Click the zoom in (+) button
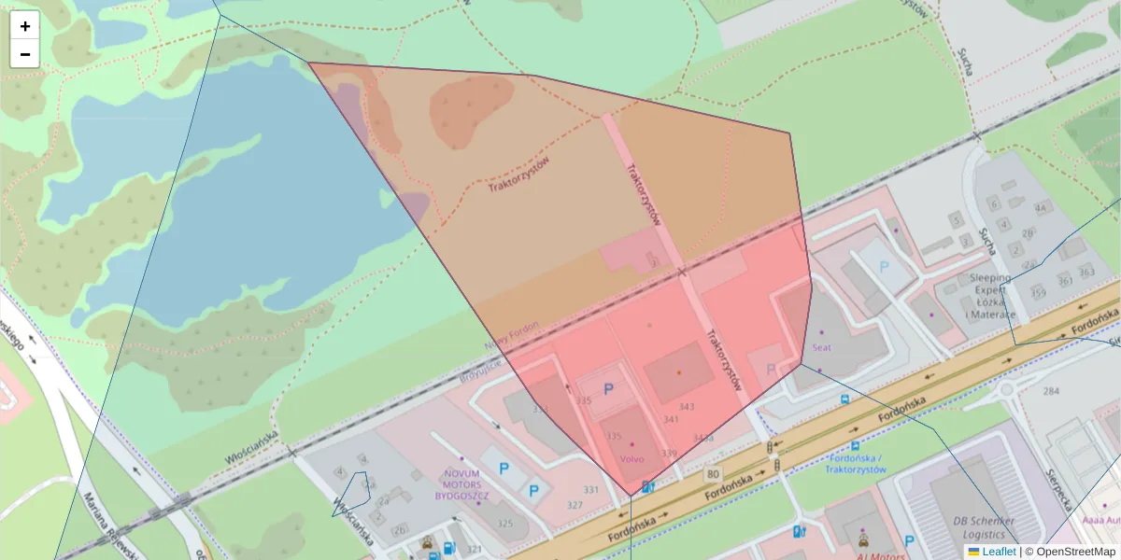pyautogui.click(x=25, y=26)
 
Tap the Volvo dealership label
pyautogui.click(x=631, y=459)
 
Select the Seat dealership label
pyautogui.click(x=822, y=347)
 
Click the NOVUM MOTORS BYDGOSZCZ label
pyautogui.click(x=462, y=484)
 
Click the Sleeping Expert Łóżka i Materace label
pyautogui.click(x=991, y=296)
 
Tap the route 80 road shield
pyautogui.click(x=713, y=473)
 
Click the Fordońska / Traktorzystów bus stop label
pyautogui.click(x=856, y=464)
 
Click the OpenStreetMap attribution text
pyautogui.click(x=1074, y=552)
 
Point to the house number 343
pyautogui.click(x=687, y=406)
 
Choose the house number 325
pyautogui.click(x=505, y=523)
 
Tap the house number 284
pyautogui.click(x=1052, y=390)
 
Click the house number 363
pyautogui.click(x=1086, y=272)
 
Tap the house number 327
pyautogui.click(x=575, y=505)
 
